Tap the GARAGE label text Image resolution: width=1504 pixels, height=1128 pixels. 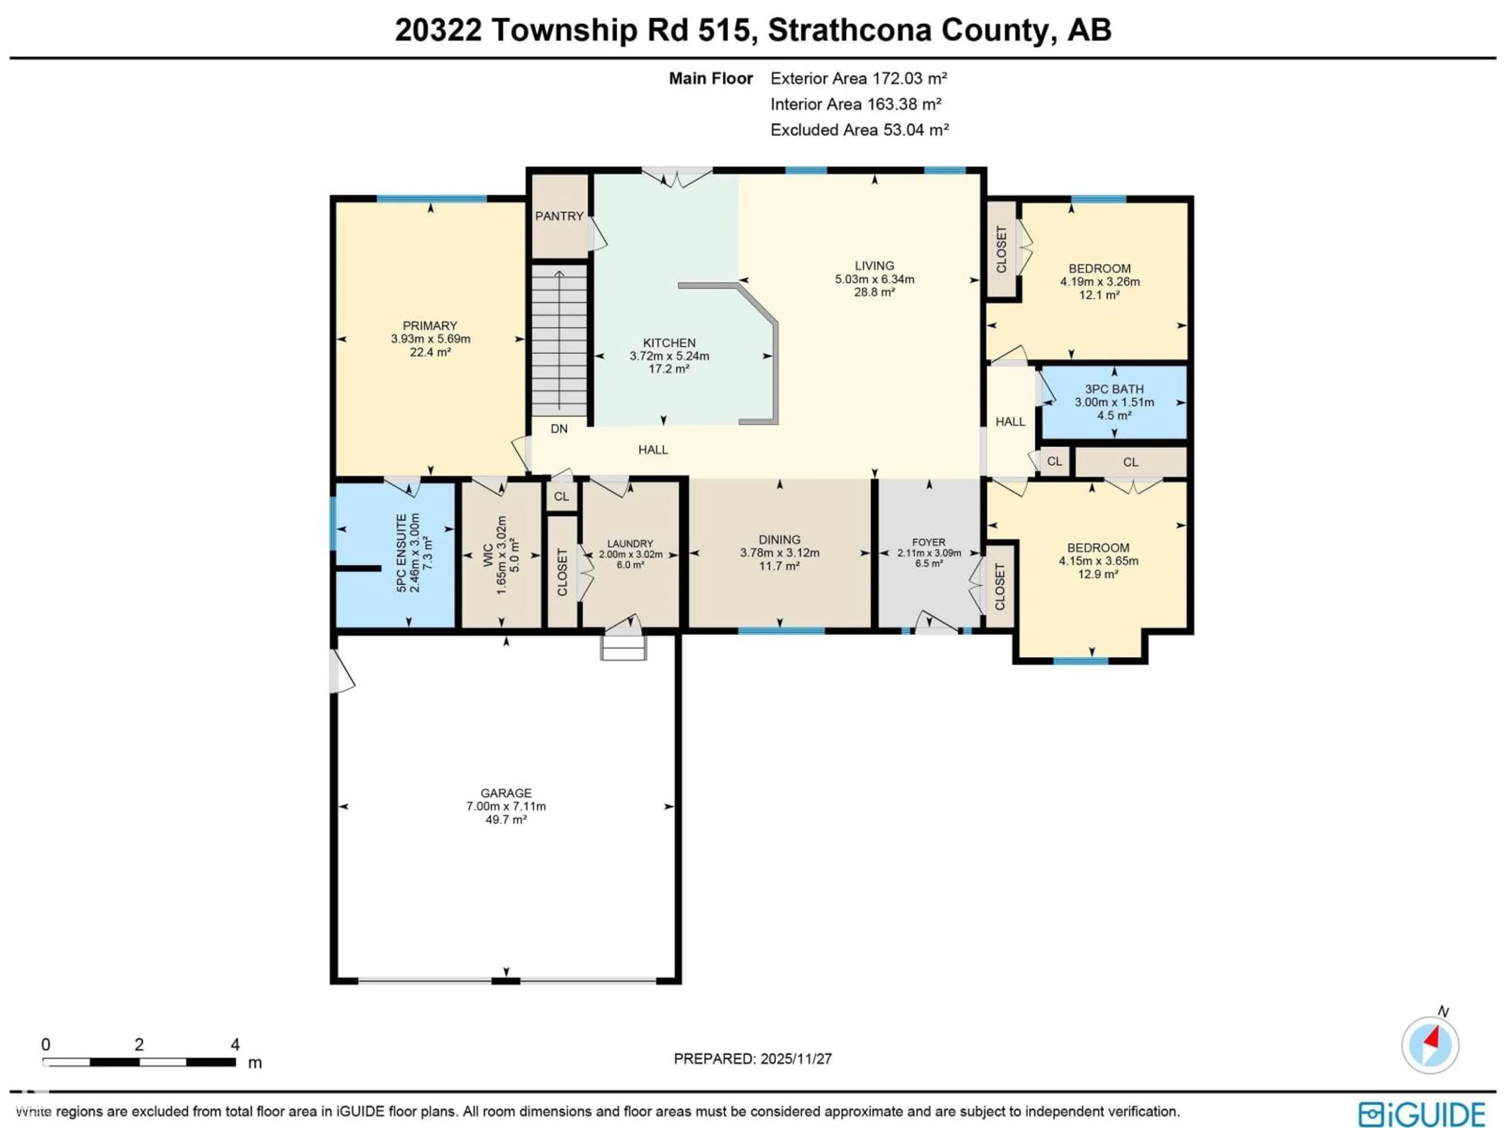506,793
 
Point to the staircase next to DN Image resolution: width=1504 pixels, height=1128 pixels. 559,340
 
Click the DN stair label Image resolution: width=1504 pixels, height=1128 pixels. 559,428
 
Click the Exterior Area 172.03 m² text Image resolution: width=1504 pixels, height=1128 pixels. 858,78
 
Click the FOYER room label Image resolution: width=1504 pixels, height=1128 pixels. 929,542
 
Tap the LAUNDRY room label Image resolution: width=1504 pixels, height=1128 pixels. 630,543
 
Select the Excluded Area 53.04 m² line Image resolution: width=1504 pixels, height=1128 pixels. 859,130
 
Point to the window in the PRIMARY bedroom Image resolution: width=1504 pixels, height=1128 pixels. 432,199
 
